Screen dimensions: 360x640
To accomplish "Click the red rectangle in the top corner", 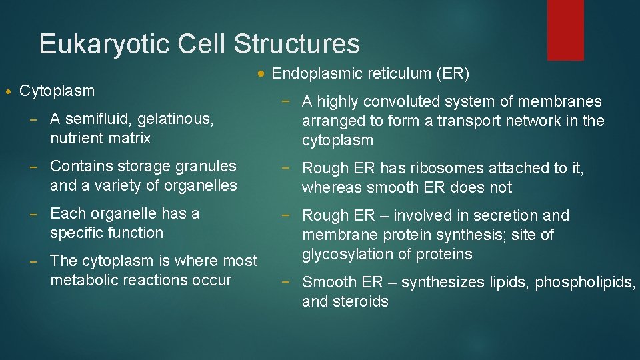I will coord(565,30).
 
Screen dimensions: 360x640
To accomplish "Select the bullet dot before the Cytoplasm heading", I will coord(7,91).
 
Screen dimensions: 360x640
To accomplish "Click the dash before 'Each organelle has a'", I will coord(40,214).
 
